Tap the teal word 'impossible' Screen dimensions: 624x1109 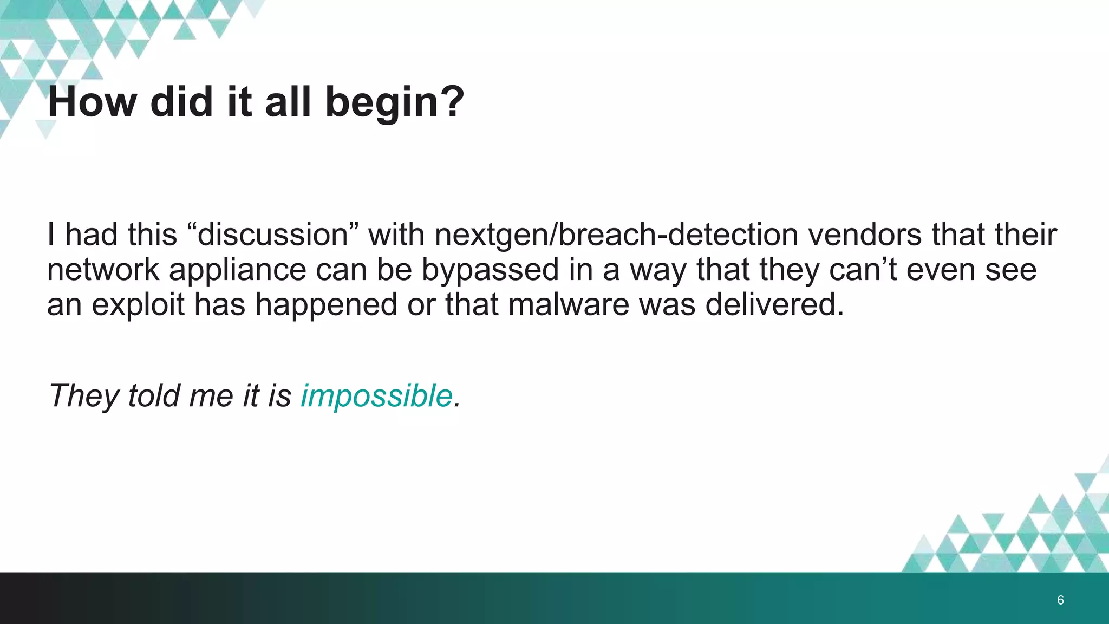[x=376, y=395]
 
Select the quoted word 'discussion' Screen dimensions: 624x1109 [x=273, y=235]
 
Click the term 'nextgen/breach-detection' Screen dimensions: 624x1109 [x=616, y=235]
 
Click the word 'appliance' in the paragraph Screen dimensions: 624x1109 [x=238, y=270]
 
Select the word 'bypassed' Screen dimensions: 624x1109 [x=490, y=270]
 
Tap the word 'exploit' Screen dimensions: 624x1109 [x=138, y=304]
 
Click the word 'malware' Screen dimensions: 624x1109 [x=569, y=304]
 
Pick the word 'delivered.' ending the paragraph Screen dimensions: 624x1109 [x=774, y=304]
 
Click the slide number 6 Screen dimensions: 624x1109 [x=1060, y=600]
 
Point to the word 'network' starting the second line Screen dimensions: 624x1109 [x=103, y=270]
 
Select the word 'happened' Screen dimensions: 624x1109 [x=327, y=304]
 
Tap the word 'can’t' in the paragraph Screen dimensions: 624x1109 [x=863, y=270]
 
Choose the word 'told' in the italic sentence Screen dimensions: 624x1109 [x=154, y=395]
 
